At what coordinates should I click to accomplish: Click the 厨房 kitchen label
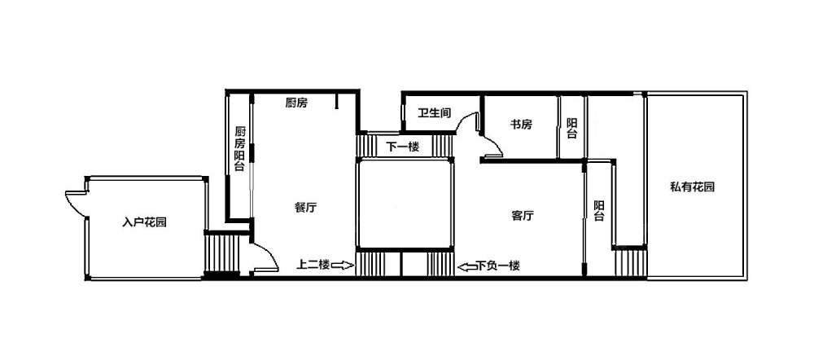tap(296, 103)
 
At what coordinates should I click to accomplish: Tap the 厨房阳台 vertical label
tap(239, 148)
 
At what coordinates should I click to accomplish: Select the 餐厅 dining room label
tap(305, 208)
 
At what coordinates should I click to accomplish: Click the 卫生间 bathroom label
tap(435, 112)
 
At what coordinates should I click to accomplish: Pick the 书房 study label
tap(521, 125)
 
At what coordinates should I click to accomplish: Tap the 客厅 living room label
tap(523, 216)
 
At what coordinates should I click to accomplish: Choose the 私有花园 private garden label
tap(692, 187)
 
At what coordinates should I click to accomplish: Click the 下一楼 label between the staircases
tap(402, 147)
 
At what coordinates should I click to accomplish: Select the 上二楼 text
tap(313, 265)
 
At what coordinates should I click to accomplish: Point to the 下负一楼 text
tap(498, 266)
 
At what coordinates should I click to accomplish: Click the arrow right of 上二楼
tap(343, 266)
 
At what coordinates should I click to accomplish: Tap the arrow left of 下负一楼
tap(466, 267)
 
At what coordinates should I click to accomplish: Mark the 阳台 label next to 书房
tap(571, 129)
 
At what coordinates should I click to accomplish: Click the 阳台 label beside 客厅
tap(599, 211)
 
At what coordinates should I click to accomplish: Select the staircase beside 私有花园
tap(630, 263)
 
